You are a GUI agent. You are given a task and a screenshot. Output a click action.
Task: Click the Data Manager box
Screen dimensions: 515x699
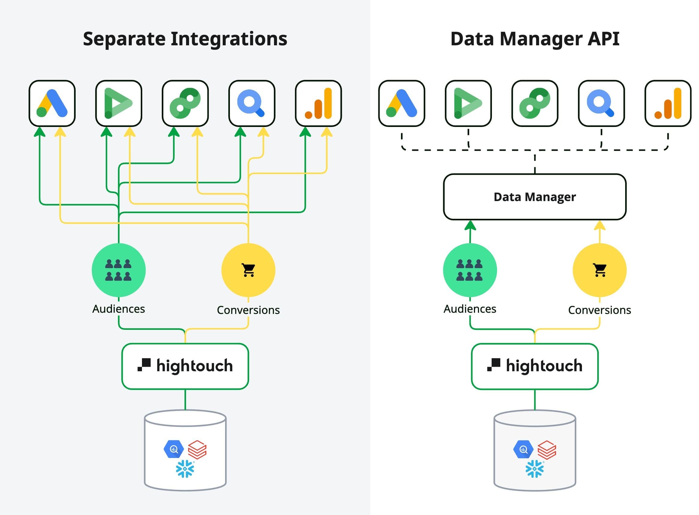click(x=535, y=197)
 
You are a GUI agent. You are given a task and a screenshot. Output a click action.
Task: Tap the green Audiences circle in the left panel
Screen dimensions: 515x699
click(x=119, y=270)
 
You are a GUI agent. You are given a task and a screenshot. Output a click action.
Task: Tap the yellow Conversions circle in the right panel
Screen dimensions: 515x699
click(x=599, y=270)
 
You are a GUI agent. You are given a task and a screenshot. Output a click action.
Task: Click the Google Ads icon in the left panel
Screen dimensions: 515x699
click(x=52, y=103)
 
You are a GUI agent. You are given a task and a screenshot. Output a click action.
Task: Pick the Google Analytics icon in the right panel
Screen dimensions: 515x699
click(x=667, y=103)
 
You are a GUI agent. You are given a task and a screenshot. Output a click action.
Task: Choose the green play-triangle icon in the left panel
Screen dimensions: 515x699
click(x=119, y=103)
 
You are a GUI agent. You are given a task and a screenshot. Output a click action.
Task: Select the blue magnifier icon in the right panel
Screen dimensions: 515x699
click(x=601, y=103)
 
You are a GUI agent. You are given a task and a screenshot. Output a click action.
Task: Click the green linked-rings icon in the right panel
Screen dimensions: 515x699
click(x=535, y=103)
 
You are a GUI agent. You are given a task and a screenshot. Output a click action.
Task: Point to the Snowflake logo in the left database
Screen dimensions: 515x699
click(x=185, y=468)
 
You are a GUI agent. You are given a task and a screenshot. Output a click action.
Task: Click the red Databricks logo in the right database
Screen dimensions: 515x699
click(x=547, y=450)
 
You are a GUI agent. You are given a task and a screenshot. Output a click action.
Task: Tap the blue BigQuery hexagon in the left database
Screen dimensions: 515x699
click(x=173, y=449)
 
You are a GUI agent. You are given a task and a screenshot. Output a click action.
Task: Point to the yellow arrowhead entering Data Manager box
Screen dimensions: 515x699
click(x=600, y=226)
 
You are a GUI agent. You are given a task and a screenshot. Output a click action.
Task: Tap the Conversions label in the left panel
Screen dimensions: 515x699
click(x=248, y=310)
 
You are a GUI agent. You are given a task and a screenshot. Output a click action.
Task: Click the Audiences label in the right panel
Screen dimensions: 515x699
click(x=469, y=309)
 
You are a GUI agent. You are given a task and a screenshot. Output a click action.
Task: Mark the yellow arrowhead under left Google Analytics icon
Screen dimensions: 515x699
click(x=327, y=132)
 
